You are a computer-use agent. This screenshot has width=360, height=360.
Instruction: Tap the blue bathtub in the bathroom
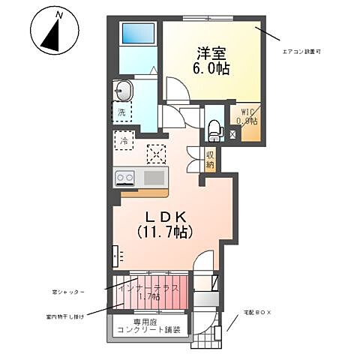point(138,35)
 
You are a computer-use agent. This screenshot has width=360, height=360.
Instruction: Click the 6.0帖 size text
point(213,68)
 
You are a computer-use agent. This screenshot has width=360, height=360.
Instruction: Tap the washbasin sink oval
point(124,91)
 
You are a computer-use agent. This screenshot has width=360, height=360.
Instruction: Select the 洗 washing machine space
point(121,113)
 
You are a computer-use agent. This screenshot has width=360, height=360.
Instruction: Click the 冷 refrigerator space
point(121,140)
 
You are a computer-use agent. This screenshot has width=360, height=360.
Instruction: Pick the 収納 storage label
point(211,160)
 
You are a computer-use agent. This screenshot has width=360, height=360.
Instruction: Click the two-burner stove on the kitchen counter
point(124,178)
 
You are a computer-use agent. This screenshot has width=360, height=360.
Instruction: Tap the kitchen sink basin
point(154,178)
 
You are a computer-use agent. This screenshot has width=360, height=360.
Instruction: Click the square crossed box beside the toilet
point(232,134)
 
